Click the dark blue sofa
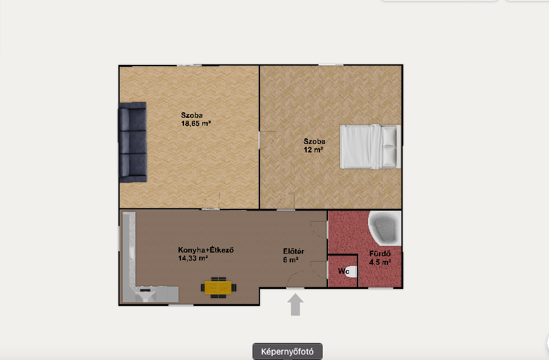[132, 142]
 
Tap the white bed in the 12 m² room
[370, 146]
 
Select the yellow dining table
[219, 288]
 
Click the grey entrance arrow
[296, 304]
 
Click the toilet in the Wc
[352, 271]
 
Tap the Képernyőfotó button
[287, 352]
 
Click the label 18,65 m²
[196, 123]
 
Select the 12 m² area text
[313, 150]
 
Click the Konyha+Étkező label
[206, 250]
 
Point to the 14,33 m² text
[193, 259]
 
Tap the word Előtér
[293, 251]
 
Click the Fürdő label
[380, 254]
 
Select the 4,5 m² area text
[380, 262]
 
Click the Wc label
[344, 271]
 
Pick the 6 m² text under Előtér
[291, 260]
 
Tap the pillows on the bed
[389, 146]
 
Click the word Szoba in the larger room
[191, 115]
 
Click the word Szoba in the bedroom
[314, 141]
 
